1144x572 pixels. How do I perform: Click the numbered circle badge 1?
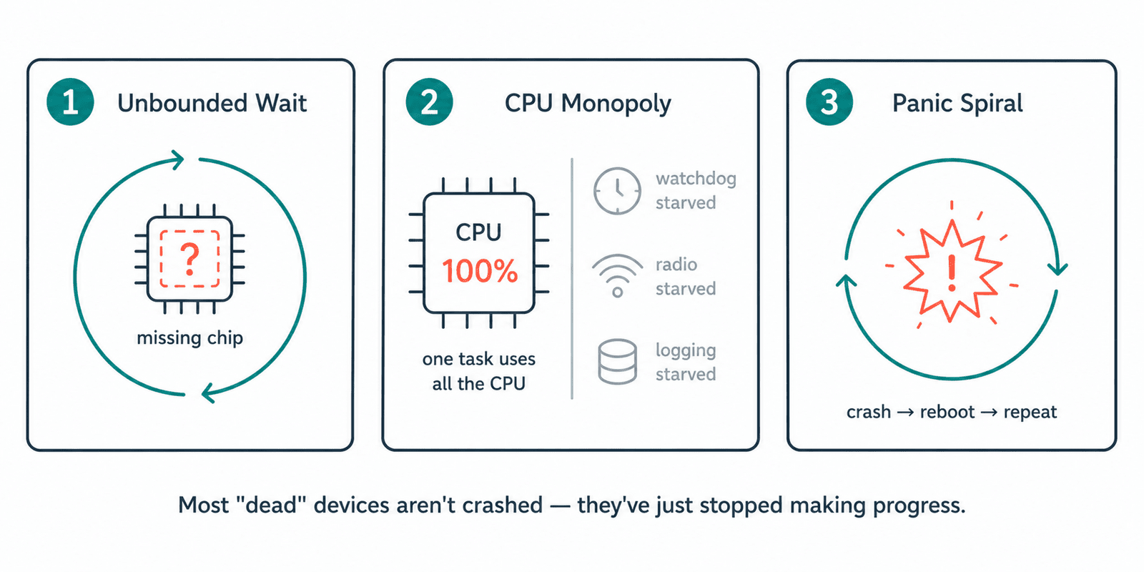(x=70, y=102)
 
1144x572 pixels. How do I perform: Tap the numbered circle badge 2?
(x=429, y=102)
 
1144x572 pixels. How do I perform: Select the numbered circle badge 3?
(x=829, y=102)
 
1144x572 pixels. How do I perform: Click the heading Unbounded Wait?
(x=212, y=103)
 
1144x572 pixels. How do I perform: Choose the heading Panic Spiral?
(x=957, y=104)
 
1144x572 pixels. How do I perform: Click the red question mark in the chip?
(x=189, y=260)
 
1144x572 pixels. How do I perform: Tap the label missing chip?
(x=189, y=338)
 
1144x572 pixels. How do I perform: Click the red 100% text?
(x=480, y=271)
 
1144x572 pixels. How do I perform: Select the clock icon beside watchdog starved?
(x=617, y=190)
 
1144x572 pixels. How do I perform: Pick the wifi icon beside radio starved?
(x=618, y=276)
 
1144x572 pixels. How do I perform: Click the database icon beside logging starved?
(x=618, y=362)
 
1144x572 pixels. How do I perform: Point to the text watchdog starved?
(x=696, y=190)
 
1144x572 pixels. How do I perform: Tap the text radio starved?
(x=686, y=276)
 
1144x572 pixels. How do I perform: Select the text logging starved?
(x=686, y=362)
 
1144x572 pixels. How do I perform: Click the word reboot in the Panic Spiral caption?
(x=947, y=412)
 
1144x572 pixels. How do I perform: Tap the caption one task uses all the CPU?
(x=479, y=371)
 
